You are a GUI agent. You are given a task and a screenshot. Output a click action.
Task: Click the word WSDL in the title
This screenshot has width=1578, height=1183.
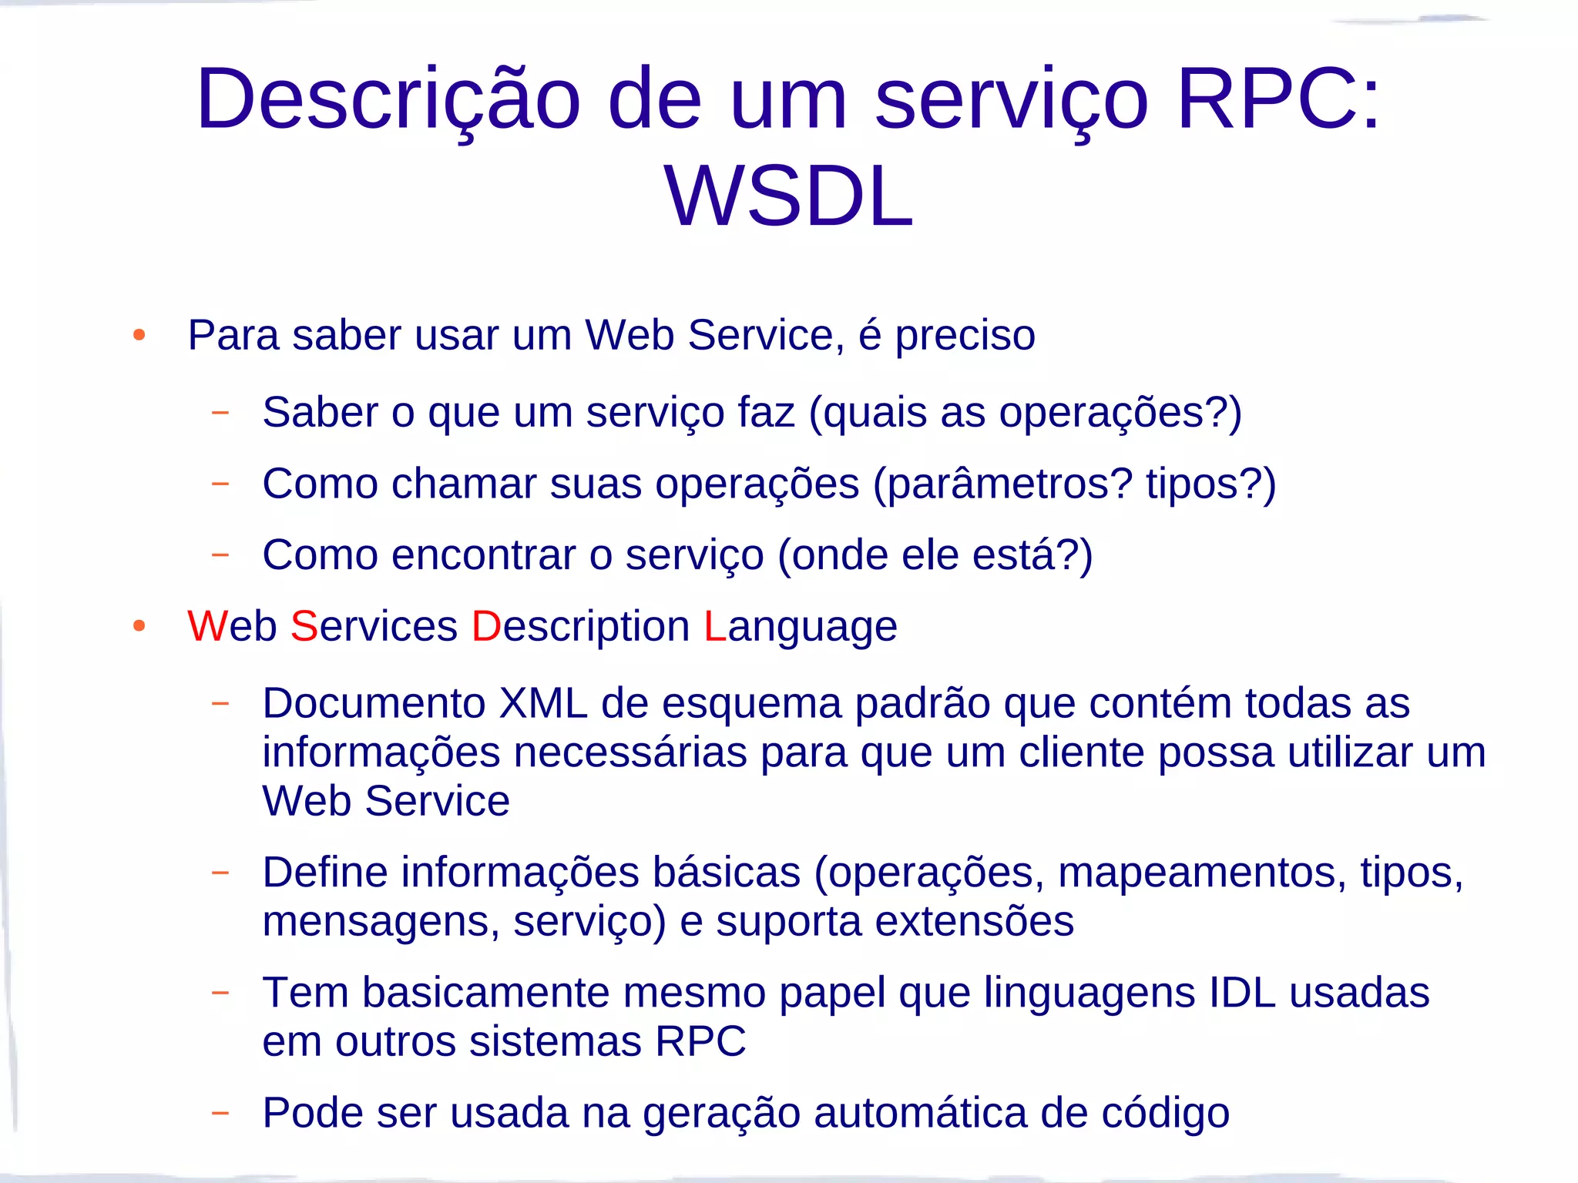788,197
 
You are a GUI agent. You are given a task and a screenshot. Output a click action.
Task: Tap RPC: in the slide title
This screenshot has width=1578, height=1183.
1279,99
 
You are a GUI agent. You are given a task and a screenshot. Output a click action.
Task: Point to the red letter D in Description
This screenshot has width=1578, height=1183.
486,625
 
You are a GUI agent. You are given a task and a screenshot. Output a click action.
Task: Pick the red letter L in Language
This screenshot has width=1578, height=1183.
714,625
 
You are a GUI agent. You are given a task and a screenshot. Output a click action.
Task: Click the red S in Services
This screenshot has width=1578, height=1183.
304,625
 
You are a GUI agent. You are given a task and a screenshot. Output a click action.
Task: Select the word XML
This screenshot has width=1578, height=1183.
543,702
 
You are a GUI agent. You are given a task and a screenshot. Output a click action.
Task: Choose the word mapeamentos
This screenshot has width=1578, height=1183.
1202,873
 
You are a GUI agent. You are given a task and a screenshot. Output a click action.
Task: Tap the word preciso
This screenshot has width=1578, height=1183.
965,336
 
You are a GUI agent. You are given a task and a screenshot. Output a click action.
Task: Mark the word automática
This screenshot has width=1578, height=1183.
920,1113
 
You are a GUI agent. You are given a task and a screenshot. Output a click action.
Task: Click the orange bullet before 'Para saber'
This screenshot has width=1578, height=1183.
139,335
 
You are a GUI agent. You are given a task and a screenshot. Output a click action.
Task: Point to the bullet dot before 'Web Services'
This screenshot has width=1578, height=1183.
139,625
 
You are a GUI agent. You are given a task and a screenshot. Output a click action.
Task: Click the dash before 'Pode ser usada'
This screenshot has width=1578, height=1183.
220,1112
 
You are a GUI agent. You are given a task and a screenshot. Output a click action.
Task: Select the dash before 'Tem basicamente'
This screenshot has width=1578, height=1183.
220,992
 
